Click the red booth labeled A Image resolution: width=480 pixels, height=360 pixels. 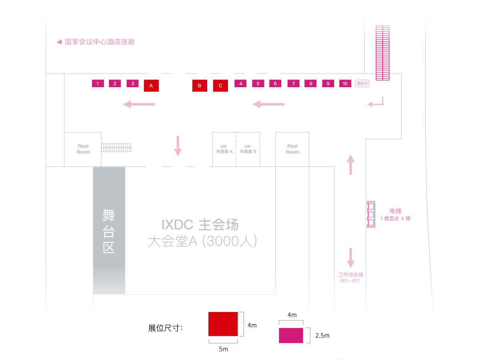coord(151,86)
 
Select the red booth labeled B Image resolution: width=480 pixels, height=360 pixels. coord(200,86)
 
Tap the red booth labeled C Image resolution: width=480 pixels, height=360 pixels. coord(220,86)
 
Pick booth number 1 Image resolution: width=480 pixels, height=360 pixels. coord(98,83)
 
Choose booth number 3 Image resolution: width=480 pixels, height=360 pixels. coord(132,83)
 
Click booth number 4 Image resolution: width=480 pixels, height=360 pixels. coord(240,83)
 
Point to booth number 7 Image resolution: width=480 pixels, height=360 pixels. coord(293,83)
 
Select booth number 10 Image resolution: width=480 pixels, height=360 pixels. coord(345,83)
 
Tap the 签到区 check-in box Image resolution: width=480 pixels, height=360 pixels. coord(362,83)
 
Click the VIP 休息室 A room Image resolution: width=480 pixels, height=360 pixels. coord(224,149)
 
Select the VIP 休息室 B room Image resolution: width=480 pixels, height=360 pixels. coord(248,149)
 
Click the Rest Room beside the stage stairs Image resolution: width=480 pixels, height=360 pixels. coord(83,149)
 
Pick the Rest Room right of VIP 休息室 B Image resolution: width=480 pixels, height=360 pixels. coord(292,149)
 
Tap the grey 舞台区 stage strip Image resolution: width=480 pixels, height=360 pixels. coord(109,230)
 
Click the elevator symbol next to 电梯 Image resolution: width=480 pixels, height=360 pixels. coord(371,214)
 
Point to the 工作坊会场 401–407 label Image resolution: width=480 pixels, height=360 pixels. coord(350,278)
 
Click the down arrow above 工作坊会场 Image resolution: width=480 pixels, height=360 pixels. coord(350,258)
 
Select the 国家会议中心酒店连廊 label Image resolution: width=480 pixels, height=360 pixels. coord(100,42)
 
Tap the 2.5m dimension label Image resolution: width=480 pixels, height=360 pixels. coord(322,336)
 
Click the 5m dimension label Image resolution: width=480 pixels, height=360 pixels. coord(223,349)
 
